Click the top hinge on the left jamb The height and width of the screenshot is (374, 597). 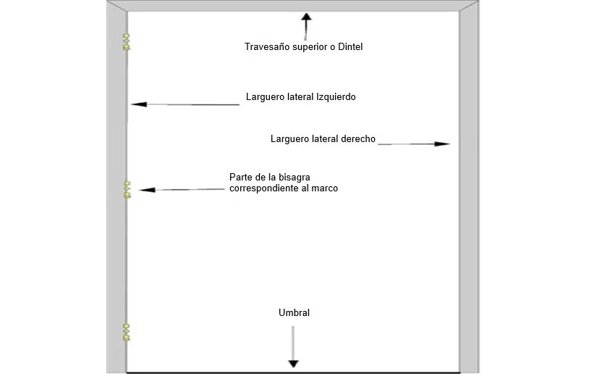tap(126, 42)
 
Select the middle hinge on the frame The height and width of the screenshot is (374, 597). tap(127, 190)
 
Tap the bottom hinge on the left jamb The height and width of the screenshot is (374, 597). tap(126, 332)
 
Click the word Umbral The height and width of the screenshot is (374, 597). tap(294, 313)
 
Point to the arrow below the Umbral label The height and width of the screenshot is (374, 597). tap(293, 348)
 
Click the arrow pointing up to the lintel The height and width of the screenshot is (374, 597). tap(306, 25)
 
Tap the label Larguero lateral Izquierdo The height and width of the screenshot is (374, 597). tap(300, 96)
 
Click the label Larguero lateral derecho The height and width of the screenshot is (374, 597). tap(323, 138)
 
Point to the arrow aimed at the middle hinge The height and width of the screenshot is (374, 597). tap(181, 190)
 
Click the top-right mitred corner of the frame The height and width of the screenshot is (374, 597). tap(469, 9)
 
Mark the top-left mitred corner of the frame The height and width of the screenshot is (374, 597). tap(117, 9)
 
